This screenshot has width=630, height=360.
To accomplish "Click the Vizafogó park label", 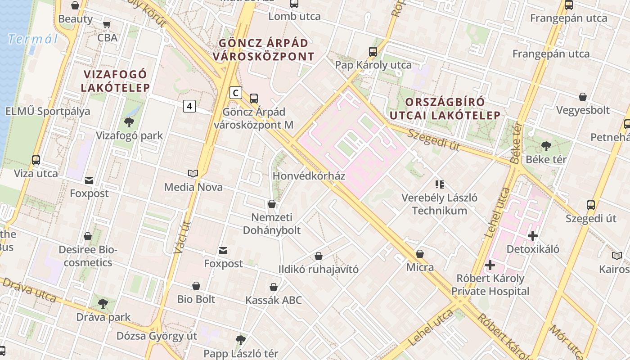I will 129,135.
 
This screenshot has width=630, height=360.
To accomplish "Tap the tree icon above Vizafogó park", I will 129,122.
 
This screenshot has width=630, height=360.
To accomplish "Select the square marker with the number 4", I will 189,106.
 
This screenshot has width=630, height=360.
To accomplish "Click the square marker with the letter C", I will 235,93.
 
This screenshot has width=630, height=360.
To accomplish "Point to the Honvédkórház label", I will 309,176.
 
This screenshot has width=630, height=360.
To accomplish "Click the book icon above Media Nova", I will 193,174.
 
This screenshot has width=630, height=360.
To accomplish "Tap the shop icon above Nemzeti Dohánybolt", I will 272,204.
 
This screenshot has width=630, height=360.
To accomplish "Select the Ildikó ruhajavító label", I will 319,270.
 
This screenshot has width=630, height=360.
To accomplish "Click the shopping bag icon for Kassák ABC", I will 274,287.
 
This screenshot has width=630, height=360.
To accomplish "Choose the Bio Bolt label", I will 196,299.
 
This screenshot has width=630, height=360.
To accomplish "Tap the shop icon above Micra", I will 420,254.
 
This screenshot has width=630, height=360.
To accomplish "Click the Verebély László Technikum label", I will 439,204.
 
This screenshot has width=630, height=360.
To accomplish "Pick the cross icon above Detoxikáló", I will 533,235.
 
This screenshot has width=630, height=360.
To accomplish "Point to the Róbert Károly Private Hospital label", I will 490,285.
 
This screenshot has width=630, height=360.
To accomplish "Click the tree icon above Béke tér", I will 546,146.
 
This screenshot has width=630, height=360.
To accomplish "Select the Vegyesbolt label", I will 583,110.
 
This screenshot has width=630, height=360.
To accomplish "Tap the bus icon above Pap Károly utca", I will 373,52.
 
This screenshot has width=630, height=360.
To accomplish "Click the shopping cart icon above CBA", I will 107,24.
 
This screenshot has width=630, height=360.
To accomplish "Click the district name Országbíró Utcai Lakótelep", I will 445,108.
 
